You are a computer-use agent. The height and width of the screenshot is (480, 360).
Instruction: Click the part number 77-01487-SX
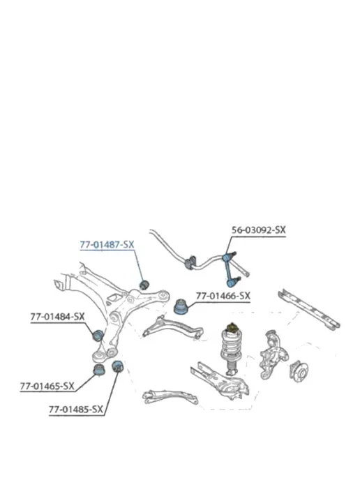(107, 245)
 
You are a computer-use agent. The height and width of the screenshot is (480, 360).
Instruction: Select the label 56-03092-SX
(258, 230)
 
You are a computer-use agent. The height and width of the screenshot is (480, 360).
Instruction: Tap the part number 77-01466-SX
(223, 296)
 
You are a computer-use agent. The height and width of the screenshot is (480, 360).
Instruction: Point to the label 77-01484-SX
(57, 317)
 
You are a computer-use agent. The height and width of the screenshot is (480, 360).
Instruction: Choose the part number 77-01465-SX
(47, 386)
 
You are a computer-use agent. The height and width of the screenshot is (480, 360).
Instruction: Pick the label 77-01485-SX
(76, 410)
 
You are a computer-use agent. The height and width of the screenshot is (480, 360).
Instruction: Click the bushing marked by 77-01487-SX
(144, 285)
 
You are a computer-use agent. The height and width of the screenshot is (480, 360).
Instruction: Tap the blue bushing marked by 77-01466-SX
(181, 307)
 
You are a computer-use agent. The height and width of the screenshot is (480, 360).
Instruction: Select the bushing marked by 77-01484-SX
(98, 335)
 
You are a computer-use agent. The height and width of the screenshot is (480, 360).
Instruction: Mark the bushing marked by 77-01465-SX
(99, 369)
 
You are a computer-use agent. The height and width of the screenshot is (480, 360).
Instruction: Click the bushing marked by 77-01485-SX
(117, 366)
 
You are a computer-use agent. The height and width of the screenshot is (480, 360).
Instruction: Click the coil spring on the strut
(232, 345)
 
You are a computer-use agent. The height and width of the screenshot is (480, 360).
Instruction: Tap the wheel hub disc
(299, 372)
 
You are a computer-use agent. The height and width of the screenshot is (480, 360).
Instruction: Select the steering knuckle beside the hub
(273, 354)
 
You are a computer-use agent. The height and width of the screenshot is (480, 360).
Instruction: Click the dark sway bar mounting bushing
(190, 262)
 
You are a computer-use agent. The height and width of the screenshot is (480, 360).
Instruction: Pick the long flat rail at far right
(309, 310)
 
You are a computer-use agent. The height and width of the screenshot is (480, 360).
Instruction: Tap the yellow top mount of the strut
(232, 327)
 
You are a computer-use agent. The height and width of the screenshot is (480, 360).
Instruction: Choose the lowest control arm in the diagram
(170, 397)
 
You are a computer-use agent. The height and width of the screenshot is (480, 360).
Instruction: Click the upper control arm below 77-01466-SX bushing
(172, 327)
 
